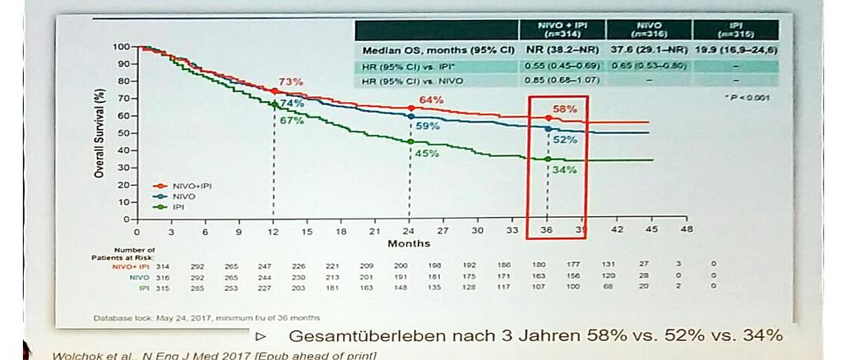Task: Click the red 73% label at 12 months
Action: (x=290, y=82)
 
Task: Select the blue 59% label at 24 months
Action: (x=428, y=127)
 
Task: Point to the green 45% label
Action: (x=426, y=153)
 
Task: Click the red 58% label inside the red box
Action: (x=564, y=109)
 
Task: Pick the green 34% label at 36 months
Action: (x=564, y=169)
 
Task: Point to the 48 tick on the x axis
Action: (x=687, y=229)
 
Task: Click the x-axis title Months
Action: (x=409, y=243)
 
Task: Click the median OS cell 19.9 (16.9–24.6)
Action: (x=736, y=50)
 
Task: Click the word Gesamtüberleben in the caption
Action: (x=357, y=336)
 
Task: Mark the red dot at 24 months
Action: (x=410, y=108)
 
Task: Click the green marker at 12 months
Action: (x=275, y=104)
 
